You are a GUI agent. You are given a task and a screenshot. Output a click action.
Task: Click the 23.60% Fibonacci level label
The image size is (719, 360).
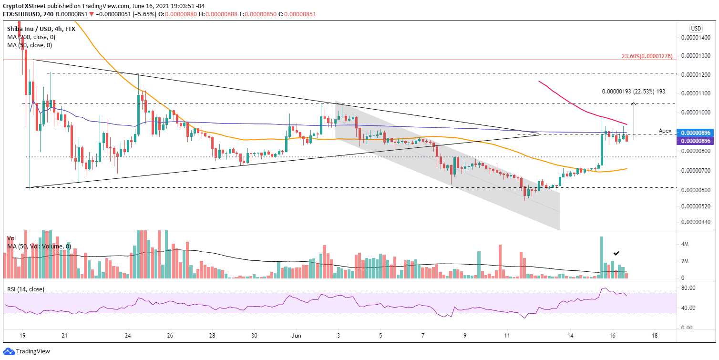[x=647, y=56]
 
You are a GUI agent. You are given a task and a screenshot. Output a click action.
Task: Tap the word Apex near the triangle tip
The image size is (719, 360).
[x=665, y=130]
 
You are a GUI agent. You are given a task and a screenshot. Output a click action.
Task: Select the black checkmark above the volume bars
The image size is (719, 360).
[x=616, y=253]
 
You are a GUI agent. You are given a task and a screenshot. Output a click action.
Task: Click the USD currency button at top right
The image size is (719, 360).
[x=696, y=28]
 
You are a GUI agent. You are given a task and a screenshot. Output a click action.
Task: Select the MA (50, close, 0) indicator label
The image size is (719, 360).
[x=30, y=45]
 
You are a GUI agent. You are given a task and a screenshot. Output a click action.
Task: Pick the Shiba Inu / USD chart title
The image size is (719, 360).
[x=41, y=29]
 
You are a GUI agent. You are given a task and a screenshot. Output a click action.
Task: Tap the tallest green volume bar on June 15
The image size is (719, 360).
[x=602, y=257]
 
